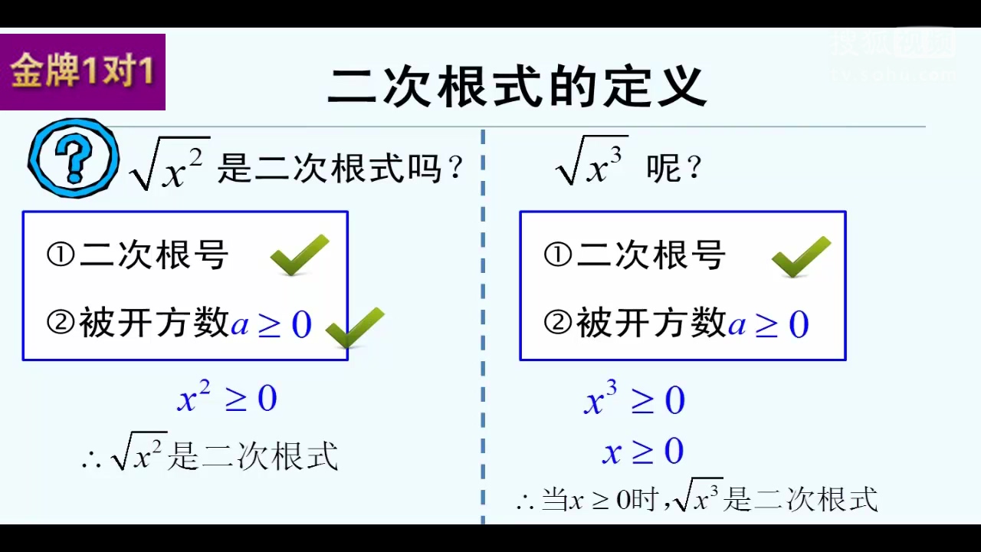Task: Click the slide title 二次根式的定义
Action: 517,86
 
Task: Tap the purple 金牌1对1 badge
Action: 83,72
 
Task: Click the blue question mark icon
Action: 74,159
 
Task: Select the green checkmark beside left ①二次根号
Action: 300,255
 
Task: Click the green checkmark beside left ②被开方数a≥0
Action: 355,327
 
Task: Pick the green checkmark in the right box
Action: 801,256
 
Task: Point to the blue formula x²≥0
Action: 227,399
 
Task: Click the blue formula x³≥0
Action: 634,400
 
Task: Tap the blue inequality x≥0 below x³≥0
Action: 642,451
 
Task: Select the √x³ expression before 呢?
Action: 592,162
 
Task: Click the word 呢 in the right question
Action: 662,169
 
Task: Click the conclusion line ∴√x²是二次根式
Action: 209,456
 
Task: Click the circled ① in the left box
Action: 61,255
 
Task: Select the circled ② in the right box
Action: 557,324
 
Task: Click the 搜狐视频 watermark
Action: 894,44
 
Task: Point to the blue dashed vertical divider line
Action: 483,330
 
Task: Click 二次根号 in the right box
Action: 650,255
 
